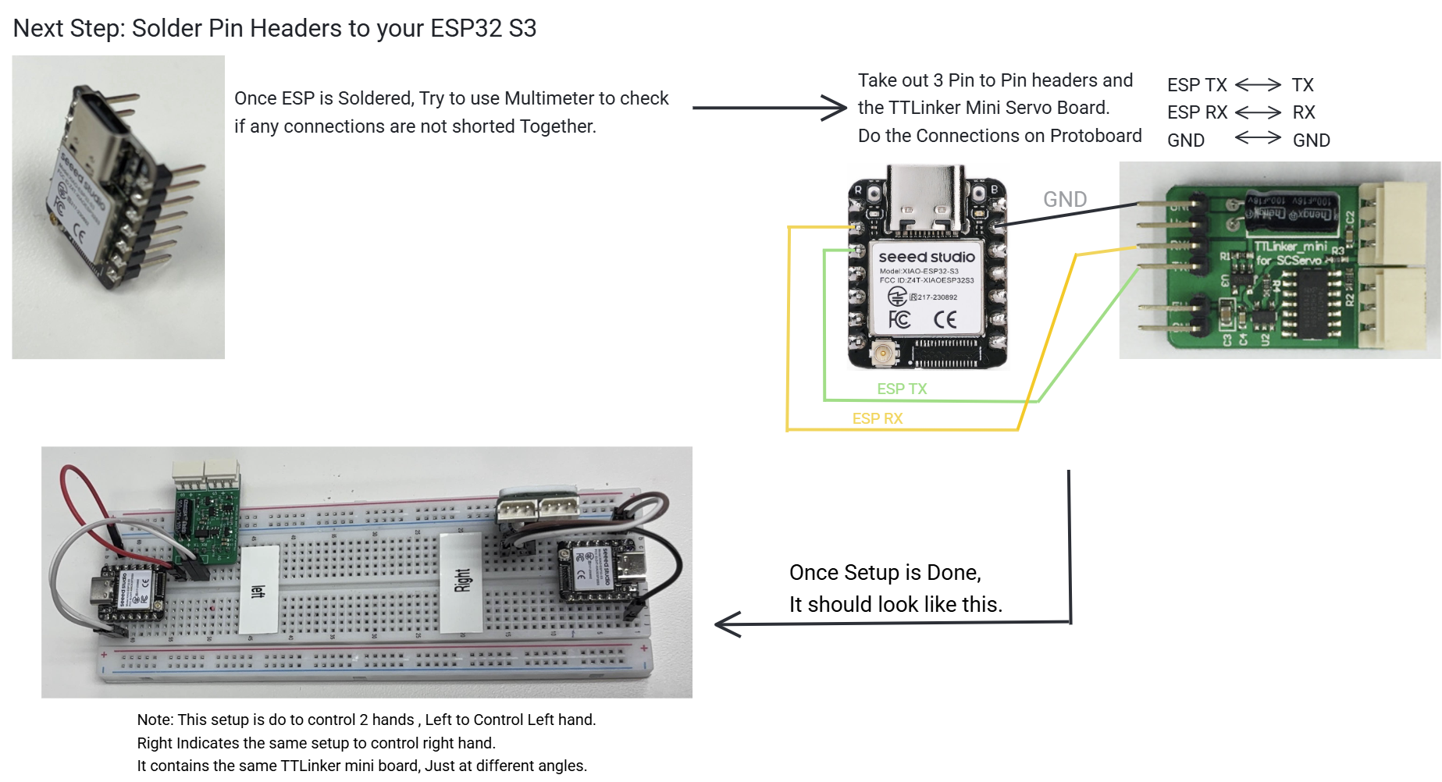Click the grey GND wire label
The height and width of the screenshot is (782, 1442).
(1065, 200)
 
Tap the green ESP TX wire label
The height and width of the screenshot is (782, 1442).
(902, 389)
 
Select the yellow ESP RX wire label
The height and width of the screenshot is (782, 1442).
(878, 418)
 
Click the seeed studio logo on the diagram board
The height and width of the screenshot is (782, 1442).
(927, 257)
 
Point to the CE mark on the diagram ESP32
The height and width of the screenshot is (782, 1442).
(945, 319)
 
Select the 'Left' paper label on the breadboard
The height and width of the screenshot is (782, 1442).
(258, 589)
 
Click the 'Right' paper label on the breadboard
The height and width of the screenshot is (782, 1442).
(462, 581)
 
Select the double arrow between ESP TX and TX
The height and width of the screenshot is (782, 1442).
(1258, 84)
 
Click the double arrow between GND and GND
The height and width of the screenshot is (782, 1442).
(1258, 138)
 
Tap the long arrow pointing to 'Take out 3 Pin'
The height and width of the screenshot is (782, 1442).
(768, 108)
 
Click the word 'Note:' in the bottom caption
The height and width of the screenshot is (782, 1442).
(155, 720)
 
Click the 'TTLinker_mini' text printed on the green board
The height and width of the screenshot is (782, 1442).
(1290, 247)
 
